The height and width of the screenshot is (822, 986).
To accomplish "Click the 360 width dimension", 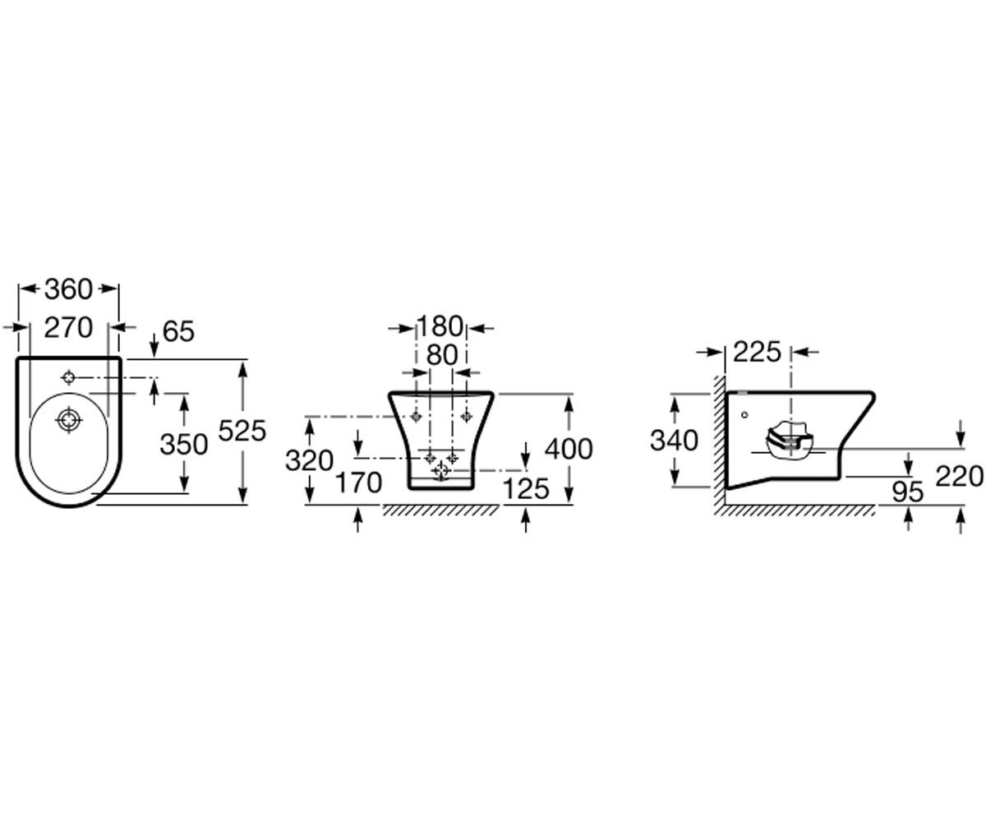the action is tap(68, 289).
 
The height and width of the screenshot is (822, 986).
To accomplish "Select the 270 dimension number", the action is tap(68, 327).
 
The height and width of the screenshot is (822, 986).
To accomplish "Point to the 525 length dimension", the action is tap(242, 431).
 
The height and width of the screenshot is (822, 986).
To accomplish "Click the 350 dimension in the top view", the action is tap(184, 444).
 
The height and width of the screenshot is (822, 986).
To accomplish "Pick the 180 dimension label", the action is tap(440, 326).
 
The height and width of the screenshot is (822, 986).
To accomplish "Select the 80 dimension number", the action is tap(442, 355).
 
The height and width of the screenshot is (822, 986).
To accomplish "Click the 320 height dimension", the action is tap(309, 460).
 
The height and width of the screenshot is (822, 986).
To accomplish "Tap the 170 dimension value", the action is tap(358, 483).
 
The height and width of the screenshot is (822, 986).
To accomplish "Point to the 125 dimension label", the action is tap(526, 489).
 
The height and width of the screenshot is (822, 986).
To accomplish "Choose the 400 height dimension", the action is tap(569, 449).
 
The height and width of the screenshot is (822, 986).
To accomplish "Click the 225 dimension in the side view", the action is tap(757, 352).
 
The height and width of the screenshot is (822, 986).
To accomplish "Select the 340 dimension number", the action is tap(674, 441).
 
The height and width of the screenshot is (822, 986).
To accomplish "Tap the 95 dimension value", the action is tap(908, 492).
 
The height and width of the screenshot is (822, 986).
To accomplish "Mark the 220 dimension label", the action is tap(960, 476).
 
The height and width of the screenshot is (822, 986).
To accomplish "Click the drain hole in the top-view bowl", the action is tap(69, 419).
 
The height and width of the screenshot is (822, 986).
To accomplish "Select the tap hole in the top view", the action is tap(69, 377).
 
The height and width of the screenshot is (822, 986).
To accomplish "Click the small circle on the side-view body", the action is tap(744, 415).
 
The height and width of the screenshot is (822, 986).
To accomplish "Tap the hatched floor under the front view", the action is tap(440, 510).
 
